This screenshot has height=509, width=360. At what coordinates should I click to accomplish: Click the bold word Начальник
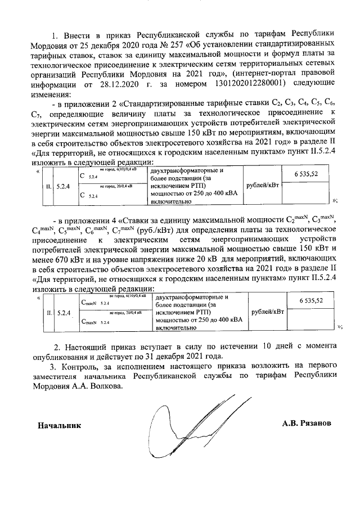click(x=58, y=425)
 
